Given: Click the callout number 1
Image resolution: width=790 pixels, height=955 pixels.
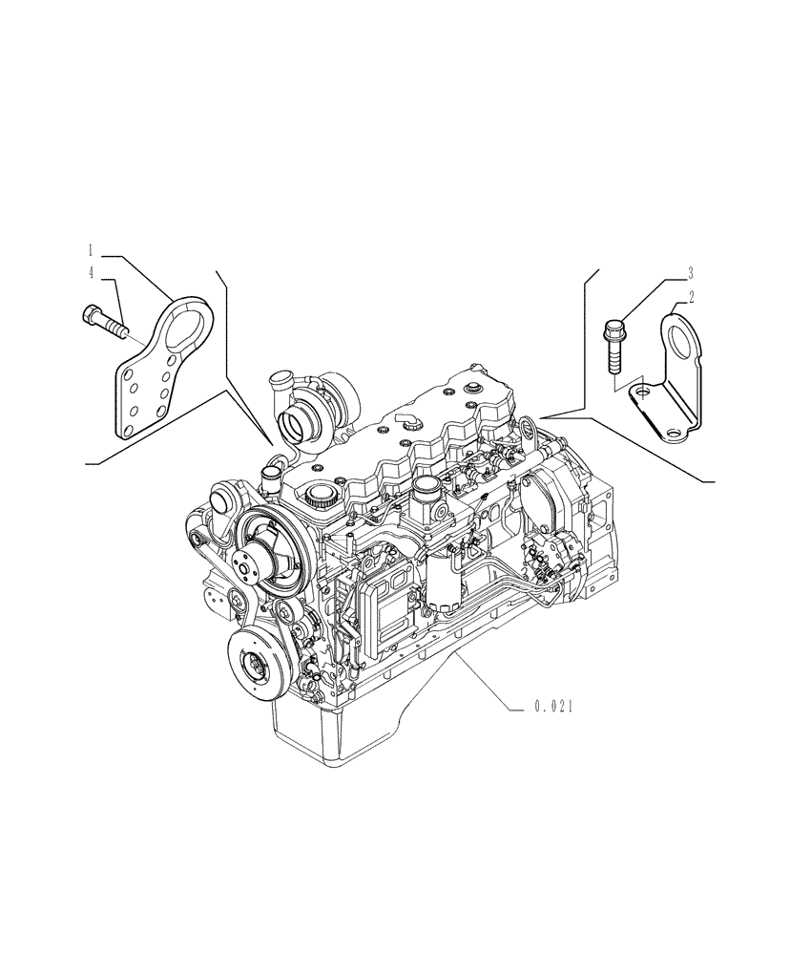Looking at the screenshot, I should tap(91, 250).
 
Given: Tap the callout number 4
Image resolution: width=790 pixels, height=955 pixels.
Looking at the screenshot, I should tap(91, 274).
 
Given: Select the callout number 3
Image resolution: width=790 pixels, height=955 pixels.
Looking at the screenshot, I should tap(689, 272).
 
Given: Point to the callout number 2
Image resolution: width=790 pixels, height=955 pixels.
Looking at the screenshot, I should tap(691, 297).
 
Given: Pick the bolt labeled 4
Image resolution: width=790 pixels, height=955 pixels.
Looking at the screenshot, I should tap(103, 321).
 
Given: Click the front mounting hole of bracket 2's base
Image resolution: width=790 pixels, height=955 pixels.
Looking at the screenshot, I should tap(676, 434).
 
